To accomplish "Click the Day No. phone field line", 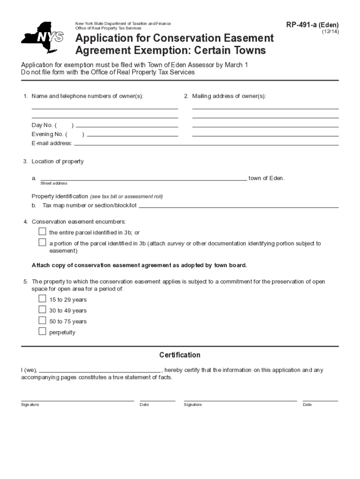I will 127,126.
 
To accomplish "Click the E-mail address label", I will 52,143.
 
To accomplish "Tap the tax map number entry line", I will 238,206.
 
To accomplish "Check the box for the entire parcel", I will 43,232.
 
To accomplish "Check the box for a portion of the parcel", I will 43,243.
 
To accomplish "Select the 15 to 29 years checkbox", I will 43,299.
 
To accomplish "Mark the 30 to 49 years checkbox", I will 43,310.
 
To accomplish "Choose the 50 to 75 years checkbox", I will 43,320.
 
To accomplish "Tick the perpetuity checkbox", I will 43,332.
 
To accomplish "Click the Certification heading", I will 180,355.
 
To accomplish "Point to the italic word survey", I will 176,244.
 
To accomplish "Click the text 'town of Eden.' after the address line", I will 266,178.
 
